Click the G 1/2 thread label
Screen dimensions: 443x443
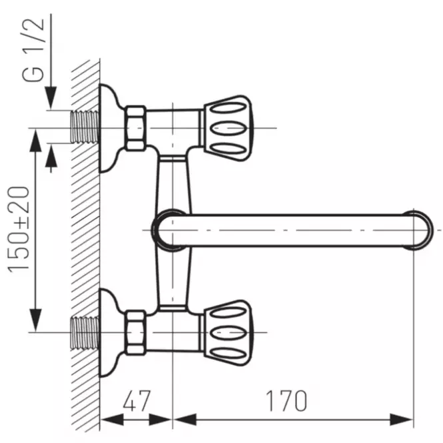click(33, 50)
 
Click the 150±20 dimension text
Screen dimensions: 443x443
click(19, 229)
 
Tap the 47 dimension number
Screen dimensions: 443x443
click(137, 400)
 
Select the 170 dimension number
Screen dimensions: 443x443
click(286, 400)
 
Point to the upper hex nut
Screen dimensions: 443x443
click(136, 129)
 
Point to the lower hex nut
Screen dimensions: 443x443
click(136, 332)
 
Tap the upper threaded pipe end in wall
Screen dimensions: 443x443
click(85, 127)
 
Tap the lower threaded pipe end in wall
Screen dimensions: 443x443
click(85, 332)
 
